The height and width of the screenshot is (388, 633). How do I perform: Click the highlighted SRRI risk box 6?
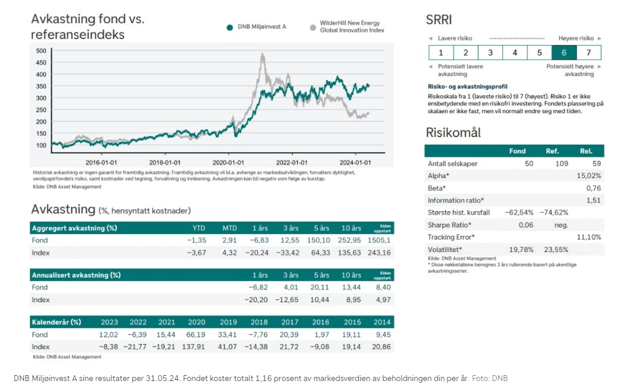pos(564,53)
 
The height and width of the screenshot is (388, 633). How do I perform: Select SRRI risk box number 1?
pos(441,53)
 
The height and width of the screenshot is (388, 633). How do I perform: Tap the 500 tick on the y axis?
pos(41,51)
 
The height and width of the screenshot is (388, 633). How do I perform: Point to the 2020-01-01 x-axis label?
pos(228,162)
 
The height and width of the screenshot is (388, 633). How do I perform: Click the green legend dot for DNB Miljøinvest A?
pos(230,27)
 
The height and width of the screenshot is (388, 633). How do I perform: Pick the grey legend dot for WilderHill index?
pos(312,27)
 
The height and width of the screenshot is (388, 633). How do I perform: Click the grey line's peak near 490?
pos(263,54)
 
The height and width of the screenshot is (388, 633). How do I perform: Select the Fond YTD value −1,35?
pos(196,240)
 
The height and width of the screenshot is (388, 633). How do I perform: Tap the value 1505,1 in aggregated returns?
pos(379,240)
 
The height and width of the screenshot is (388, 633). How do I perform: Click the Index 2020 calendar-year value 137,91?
pos(194,347)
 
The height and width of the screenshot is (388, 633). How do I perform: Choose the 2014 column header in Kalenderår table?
pos(382,322)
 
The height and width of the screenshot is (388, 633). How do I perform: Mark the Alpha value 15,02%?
pos(589,176)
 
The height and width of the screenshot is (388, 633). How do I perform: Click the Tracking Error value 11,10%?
pos(589,237)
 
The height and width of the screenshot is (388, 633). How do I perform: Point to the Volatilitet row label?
pos(445,249)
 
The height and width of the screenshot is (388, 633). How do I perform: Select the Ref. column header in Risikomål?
pos(552,151)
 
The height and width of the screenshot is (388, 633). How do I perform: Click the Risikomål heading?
pos(453,132)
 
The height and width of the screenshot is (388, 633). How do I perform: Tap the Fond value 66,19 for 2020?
pos(196,335)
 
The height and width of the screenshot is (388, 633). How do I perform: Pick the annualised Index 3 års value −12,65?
pos(287,300)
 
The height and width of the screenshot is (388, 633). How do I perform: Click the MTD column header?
pos(230,228)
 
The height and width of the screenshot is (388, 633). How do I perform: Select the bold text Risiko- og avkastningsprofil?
pos(467,86)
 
